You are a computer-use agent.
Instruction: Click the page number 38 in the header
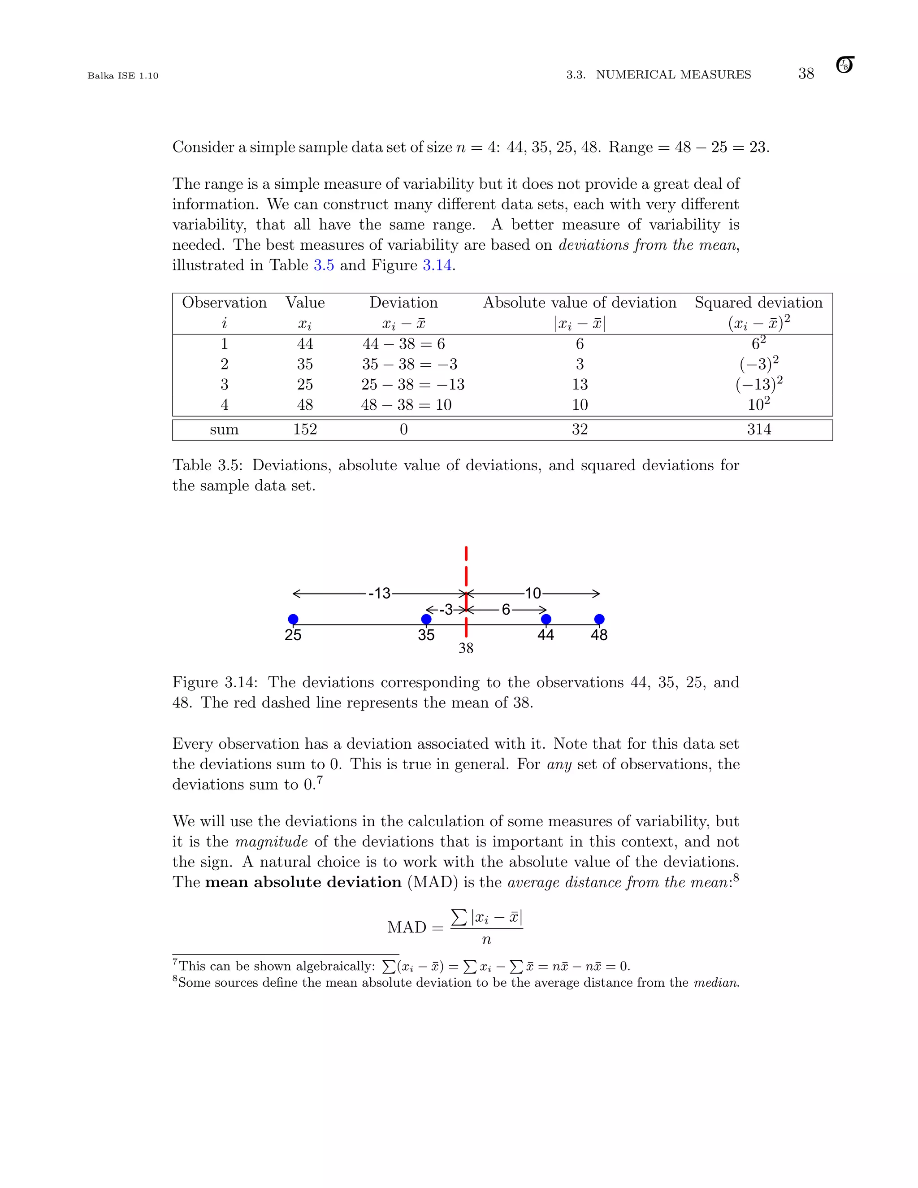coord(805,74)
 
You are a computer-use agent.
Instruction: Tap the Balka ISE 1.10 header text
coord(123,76)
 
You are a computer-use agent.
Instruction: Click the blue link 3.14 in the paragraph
coord(437,265)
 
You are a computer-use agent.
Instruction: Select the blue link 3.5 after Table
coord(324,265)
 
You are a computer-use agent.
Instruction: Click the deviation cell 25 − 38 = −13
coord(412,385)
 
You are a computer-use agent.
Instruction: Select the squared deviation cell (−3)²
coord(759,364)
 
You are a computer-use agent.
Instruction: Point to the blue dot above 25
coord(293,619)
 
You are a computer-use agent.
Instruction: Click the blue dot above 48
coord(599,619)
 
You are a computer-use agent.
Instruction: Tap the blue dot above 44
coord(546,619)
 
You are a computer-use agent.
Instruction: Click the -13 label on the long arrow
coord(380,594)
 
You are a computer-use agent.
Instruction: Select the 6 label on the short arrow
coord(506,610)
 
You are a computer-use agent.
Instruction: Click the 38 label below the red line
coord(466,648)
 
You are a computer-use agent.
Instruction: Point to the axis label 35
coord(426,635)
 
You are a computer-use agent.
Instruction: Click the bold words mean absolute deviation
coord(303,882)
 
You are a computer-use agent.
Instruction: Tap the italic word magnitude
coord(271,841)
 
